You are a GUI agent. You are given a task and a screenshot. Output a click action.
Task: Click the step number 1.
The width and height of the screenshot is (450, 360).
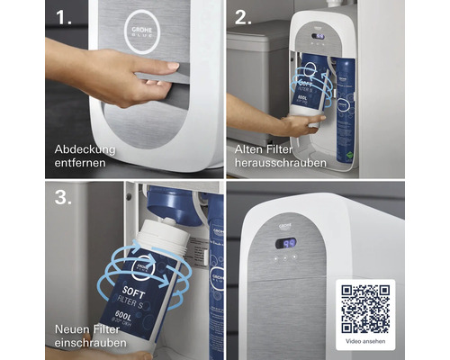click(63, 18)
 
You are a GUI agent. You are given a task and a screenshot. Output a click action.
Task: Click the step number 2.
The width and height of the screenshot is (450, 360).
click(244, 18)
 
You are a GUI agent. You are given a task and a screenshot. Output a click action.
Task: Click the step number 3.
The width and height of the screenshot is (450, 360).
click(63, 198)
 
